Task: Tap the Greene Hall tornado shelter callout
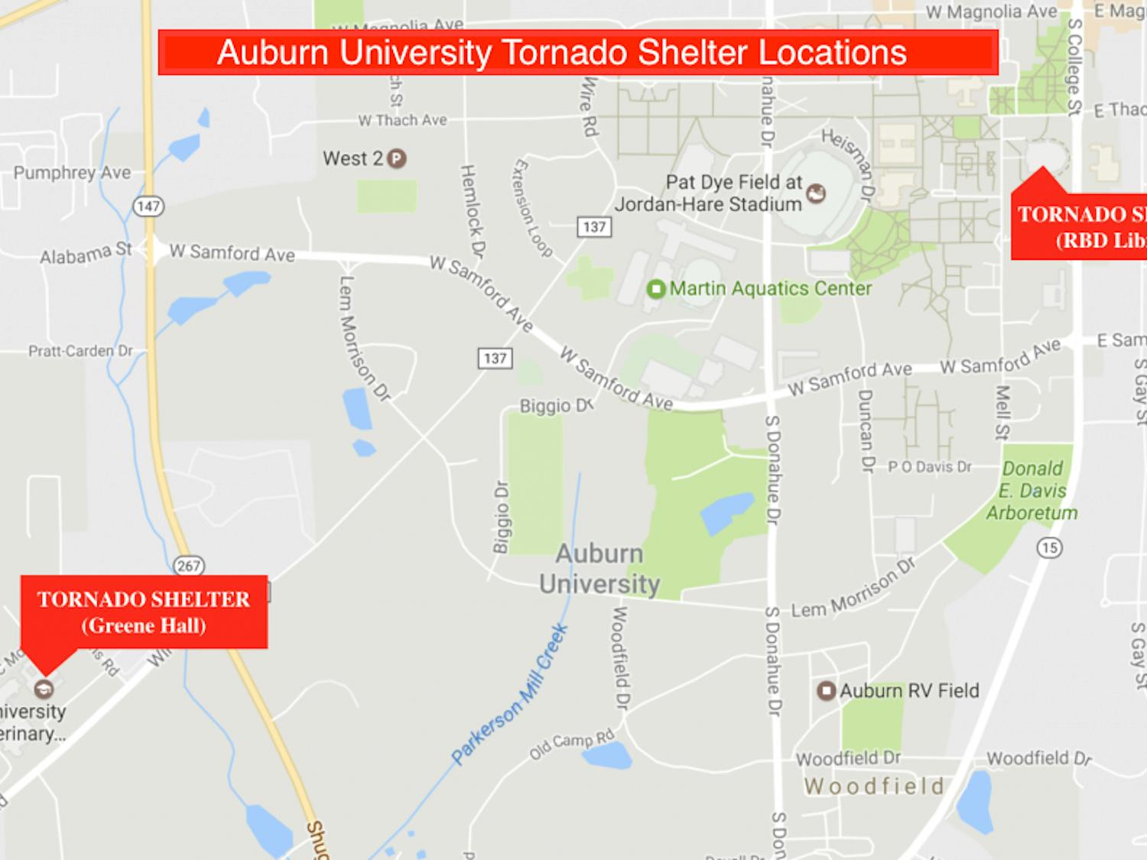144,612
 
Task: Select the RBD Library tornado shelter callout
1080,226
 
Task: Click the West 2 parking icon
396,159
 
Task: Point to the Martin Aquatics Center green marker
655,289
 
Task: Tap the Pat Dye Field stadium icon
817,193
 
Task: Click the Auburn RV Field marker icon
826,691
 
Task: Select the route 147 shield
148,206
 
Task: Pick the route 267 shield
188,566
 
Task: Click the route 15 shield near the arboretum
1049,547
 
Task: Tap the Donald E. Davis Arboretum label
1032,490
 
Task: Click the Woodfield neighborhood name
874,786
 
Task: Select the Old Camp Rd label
571,744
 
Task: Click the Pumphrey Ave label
72,173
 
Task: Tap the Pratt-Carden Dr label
80,351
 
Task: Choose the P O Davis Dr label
929,466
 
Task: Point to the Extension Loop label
532,207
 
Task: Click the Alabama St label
86,253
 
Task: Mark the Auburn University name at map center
599,569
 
